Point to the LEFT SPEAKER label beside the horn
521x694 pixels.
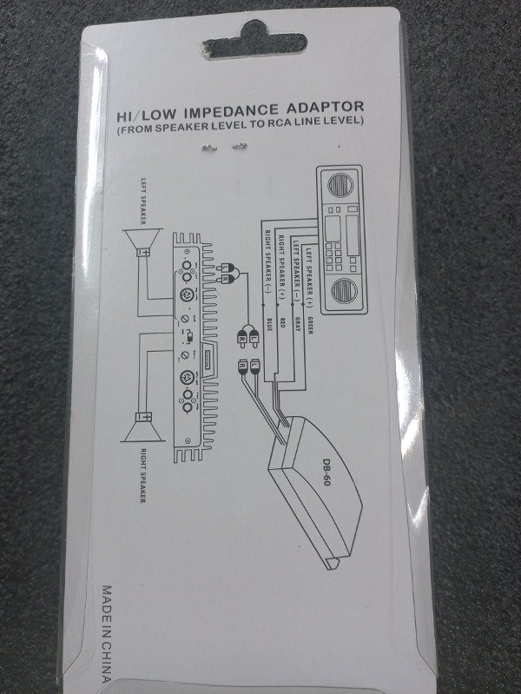point(143,199)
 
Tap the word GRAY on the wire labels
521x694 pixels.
point(295,326)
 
